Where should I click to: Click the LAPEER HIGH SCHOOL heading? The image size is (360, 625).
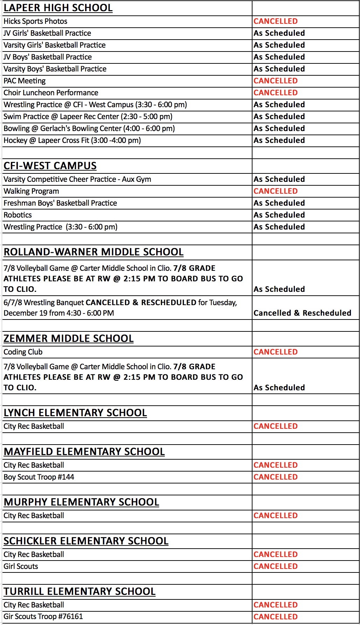coord(58,8)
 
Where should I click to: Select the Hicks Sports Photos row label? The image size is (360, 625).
coord(35,21)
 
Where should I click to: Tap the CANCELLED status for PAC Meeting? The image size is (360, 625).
coord(276,81)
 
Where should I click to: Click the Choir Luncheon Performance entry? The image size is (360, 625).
coord(51,93)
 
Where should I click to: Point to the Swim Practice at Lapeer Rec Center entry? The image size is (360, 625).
coord(88,117)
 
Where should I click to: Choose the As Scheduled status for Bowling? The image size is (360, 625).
coord(279,129)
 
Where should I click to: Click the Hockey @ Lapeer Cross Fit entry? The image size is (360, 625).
coord(72,140)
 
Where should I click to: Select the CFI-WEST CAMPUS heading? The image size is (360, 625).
coord(50,166)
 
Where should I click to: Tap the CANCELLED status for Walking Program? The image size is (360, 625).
coord(276,191)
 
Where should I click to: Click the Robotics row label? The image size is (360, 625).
coord(18,215)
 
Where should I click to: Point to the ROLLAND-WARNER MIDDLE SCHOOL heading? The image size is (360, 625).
coord(94,252)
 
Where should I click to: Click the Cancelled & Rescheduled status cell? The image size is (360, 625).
coord(302,313)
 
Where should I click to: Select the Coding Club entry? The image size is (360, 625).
coord(23,352)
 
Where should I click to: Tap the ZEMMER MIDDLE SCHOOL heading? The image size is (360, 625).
coord(69,338)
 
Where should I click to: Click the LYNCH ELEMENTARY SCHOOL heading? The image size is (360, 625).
coord(75,413)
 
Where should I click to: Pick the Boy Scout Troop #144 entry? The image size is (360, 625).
coord(39,477)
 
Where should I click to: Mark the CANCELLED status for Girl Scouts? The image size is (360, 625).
coord(276,566)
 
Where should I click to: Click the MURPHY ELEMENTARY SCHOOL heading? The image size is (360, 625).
coord(81,502)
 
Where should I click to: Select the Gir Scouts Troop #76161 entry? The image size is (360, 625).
coord(43,617)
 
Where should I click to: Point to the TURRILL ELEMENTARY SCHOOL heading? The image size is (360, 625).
coord(79,591)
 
